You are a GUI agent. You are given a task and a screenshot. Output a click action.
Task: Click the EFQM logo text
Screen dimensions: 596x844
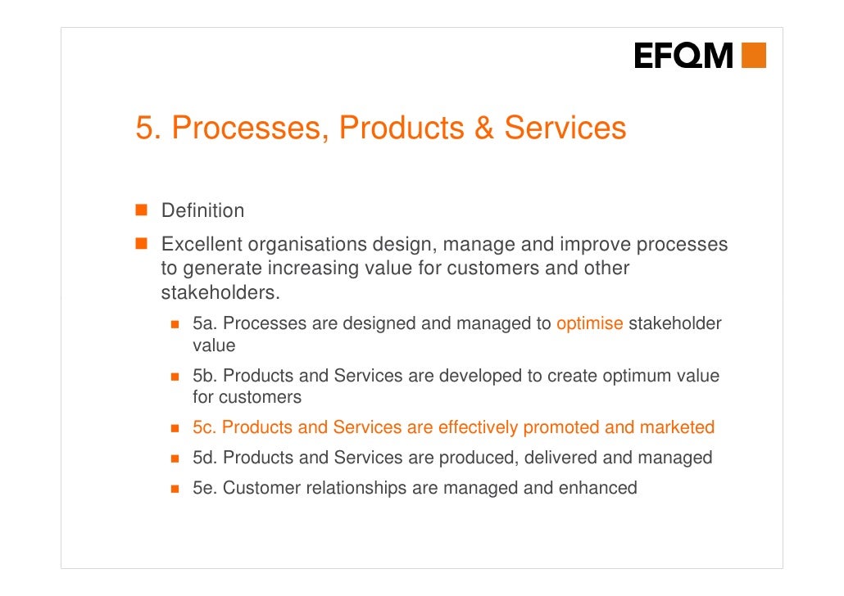tap(683, 56)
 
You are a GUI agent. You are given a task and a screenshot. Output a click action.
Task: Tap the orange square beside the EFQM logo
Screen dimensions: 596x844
tap(754, 56)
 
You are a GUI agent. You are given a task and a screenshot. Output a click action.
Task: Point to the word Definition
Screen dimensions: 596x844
tap(202, 210)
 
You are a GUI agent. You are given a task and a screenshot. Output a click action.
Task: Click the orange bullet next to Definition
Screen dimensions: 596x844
tap(141, 210)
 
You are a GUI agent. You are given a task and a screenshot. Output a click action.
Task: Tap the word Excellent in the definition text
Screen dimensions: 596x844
tap(202, 245)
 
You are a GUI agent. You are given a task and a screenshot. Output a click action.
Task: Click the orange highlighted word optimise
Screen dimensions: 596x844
tap(590, 323)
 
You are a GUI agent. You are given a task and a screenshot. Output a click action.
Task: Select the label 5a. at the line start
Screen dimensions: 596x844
tap(205, 323)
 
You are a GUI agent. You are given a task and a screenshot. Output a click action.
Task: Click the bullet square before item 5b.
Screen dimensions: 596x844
tap(175, 377)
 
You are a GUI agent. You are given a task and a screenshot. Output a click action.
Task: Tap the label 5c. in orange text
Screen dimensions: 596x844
tap(205, 427)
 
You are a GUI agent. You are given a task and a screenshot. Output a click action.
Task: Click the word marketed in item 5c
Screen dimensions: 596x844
tap(677, 427)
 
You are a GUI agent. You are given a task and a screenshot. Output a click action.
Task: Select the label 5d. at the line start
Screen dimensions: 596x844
tap(205, 458)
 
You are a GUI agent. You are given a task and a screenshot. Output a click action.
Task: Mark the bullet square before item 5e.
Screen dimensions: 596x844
tap(175, 489)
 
